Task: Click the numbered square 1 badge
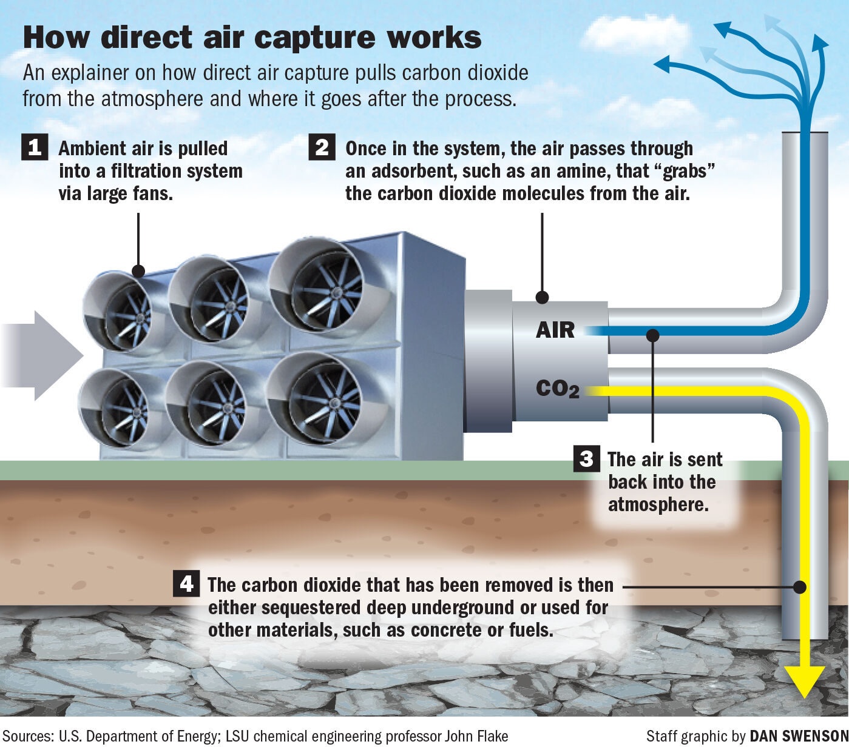(x=35, y=147)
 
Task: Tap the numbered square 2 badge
(x=322, y=147)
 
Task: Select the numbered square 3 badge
(x=586, y=458)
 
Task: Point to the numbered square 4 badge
(x=186, y=583)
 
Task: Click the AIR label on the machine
(x=555, y=330)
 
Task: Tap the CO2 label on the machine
(x=557, y=389)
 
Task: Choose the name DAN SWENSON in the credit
(x=799, y=736)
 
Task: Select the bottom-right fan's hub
(x=333, y=402)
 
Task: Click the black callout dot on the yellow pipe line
(x=800, y=587)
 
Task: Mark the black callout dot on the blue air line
(x=652, y=335)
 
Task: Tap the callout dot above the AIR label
(x=543, y=297)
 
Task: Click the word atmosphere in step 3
(x=658, y=504)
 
